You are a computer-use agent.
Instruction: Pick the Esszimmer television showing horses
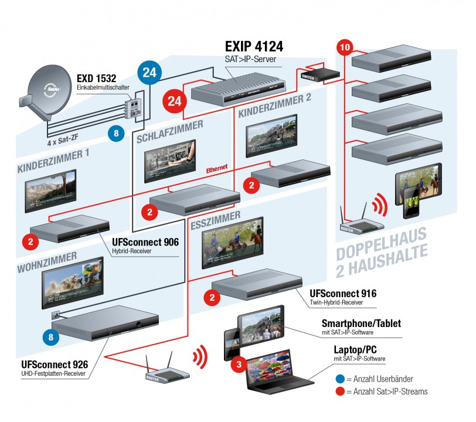point(232,241)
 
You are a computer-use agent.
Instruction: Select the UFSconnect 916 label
point(344,294)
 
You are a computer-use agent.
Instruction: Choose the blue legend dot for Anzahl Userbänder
point(340,378)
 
